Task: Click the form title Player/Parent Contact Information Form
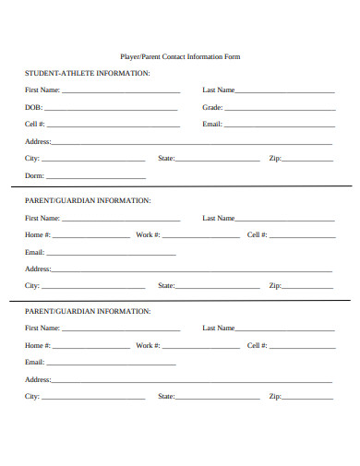pyautogui.click(x=180, y=56)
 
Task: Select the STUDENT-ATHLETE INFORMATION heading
pyautogui.click(x=88, y=73)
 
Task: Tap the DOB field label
pyautogui.click(x=33, y=107)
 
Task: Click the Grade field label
pyautogui.click(x=212, y=107)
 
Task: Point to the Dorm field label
pyautogui.click(x=34, y=175)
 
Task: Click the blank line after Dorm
pyautogui.click(x=96, y=176)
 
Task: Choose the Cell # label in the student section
pyautogui.click(x=34, y=124)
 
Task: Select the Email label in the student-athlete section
pyautogui.click(x=212, y=124)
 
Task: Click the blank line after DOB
pyautogui.click(x=111, y=108)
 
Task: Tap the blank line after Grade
pyautogui.click(x=279, y=108)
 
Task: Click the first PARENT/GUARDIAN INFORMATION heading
pyautogui.click(x=88, y=200)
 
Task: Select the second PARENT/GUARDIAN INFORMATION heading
pyautogui.click(x=88, y=311)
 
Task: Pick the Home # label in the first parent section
pyautogui.click(x=38, y=234)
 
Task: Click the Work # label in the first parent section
pyautogui.click(x=148, y=234)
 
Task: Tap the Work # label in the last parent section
pyautogui.click(x=148, y=345)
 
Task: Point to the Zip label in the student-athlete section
pyautogui.click(x=274, y=159)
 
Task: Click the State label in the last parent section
pyautogui.click(x=166, y=396)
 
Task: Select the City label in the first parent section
pyautogui.click(x=32, y=285)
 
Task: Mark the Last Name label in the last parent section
pyautogui.click(x=219, y=328)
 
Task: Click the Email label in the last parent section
pyautogui.click(x=34, y=362)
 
